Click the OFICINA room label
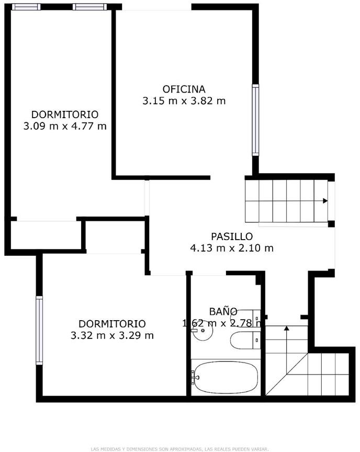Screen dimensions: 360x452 [184, 89]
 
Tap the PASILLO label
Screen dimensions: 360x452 [232, 236]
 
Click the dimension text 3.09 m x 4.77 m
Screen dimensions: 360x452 [65, 126]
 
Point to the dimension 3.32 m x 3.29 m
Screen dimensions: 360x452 [112, 335]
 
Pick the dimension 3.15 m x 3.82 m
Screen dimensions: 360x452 [184, 101]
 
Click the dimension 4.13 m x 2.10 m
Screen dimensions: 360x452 [232, 248]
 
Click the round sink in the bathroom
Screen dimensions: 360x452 [203, 331]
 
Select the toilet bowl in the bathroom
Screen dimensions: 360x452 [242, 340]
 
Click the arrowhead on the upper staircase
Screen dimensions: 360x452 [325, 201]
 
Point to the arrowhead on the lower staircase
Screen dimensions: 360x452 [286, 328]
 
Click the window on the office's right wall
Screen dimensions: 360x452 [255, 120]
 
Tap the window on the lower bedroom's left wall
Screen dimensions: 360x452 [39, 330]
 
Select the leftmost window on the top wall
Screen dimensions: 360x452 [26, 7]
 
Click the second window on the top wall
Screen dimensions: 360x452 [89, 7]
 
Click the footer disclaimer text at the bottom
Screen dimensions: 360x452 [180, 449]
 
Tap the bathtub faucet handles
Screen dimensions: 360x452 [194, 377]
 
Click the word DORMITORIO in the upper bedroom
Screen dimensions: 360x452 [65, 115]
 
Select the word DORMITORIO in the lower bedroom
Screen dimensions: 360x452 [112, 324]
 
